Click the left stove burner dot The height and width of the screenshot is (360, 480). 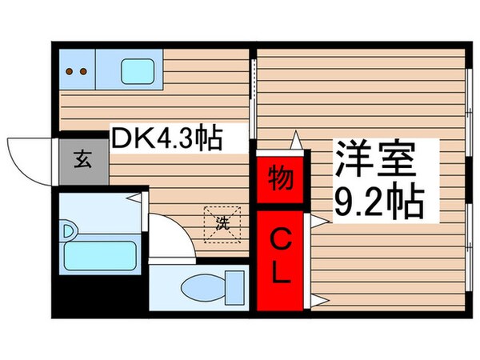(70, 72)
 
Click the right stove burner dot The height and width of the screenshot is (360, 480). (83, 72)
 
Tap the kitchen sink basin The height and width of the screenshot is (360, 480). (138, 71)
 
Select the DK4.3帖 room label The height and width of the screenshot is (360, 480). (167, 138)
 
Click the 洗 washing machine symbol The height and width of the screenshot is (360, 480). (222, 224)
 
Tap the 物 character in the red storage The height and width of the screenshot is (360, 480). (280, 178)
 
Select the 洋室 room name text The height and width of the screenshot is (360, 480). (376, 159)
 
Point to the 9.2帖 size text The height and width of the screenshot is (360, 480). (379, 199)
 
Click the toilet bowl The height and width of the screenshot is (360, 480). (203, 288)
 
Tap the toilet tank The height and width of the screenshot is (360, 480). (234, 288)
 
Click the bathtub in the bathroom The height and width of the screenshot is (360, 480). (100, 255)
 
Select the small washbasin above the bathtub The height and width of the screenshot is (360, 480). (69, 231)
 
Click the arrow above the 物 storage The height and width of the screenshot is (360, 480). (296, 140)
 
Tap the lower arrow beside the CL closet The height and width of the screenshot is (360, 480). (320, 301)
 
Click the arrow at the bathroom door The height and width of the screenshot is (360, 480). (134, 198)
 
